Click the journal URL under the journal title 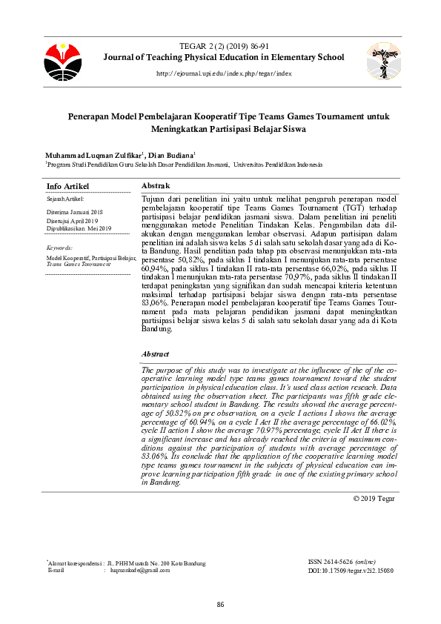224,74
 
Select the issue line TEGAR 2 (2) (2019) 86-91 224,46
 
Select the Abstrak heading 156,185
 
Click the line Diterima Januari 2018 72,212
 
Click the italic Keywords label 59,248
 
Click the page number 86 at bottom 220,605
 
